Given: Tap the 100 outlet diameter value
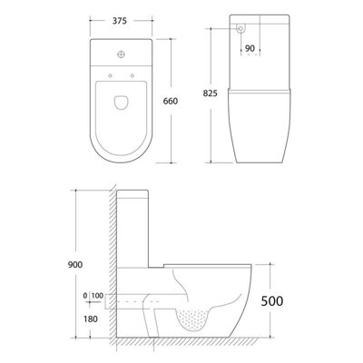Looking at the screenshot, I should [x=97, y=297].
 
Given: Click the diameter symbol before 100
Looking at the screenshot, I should [x=84, y=297].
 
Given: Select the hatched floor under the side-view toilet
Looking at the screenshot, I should [x=181, y=344].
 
